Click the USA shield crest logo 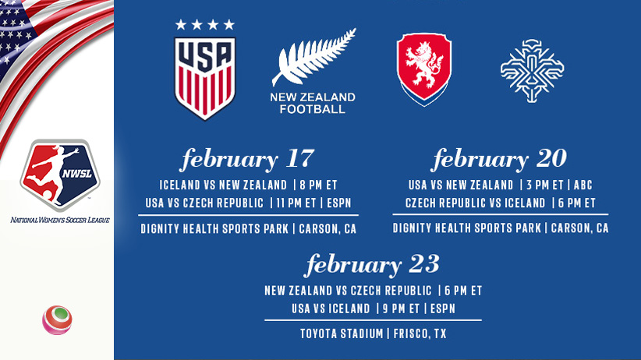coord(205,79)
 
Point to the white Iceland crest coord(533,70)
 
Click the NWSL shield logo coord(60,175)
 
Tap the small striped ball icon coord(57,320)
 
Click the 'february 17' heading coord(248,159)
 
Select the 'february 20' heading coord(500,159)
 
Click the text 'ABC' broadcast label coord(583,185)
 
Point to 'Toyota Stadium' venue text coord(342,334)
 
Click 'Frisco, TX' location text coord(420,334)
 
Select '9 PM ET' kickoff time coord(402,309)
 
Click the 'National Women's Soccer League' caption coord(60,221)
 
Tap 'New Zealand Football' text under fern coord(313,103)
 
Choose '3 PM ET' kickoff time coord(545,185)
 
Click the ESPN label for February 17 coord(339,203)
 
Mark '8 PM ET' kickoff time coord(318,185)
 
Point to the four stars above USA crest coord(205,25)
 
